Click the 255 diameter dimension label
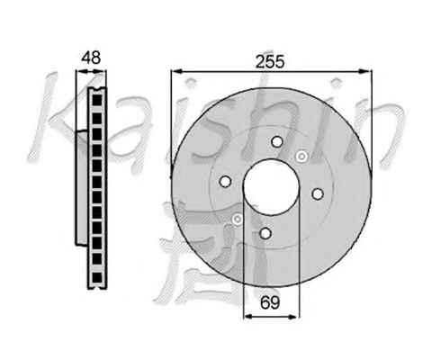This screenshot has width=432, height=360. coord(269,62)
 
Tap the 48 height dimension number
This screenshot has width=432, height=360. coord(92,58)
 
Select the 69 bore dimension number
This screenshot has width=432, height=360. coord(270,302)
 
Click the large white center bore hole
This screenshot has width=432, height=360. coord(271,186)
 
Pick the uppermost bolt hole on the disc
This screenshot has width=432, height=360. coord(277,141)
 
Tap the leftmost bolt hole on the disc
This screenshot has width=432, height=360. coord(225,181)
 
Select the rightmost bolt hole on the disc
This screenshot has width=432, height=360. coord(318,193)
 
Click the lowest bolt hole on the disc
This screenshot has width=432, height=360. coord(265,233)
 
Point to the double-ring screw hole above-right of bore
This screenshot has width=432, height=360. coord(301,157)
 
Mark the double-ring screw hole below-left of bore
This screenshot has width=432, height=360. coord(238,220)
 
